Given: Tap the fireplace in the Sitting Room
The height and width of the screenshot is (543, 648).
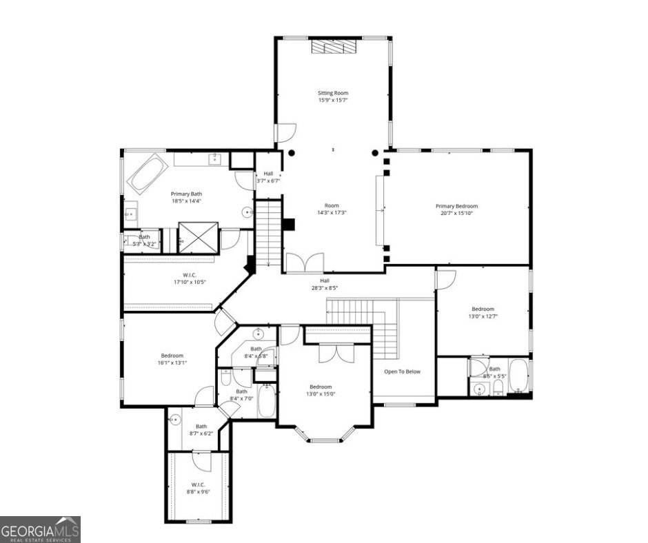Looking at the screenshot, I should (x=332, y=46).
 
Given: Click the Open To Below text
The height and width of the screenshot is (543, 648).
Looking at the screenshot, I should (x=403, y=371).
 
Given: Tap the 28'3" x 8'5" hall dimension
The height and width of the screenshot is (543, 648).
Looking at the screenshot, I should (x=324, y=288).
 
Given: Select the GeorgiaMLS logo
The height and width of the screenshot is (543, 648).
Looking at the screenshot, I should (x=40, y=529).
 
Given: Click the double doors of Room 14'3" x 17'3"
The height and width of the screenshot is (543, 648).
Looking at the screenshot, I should (x=304, y=263).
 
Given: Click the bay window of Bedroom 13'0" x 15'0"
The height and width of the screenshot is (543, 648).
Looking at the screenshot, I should (x=325, y=434).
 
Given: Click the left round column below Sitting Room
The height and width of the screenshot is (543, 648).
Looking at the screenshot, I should (x=292, y=152).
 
